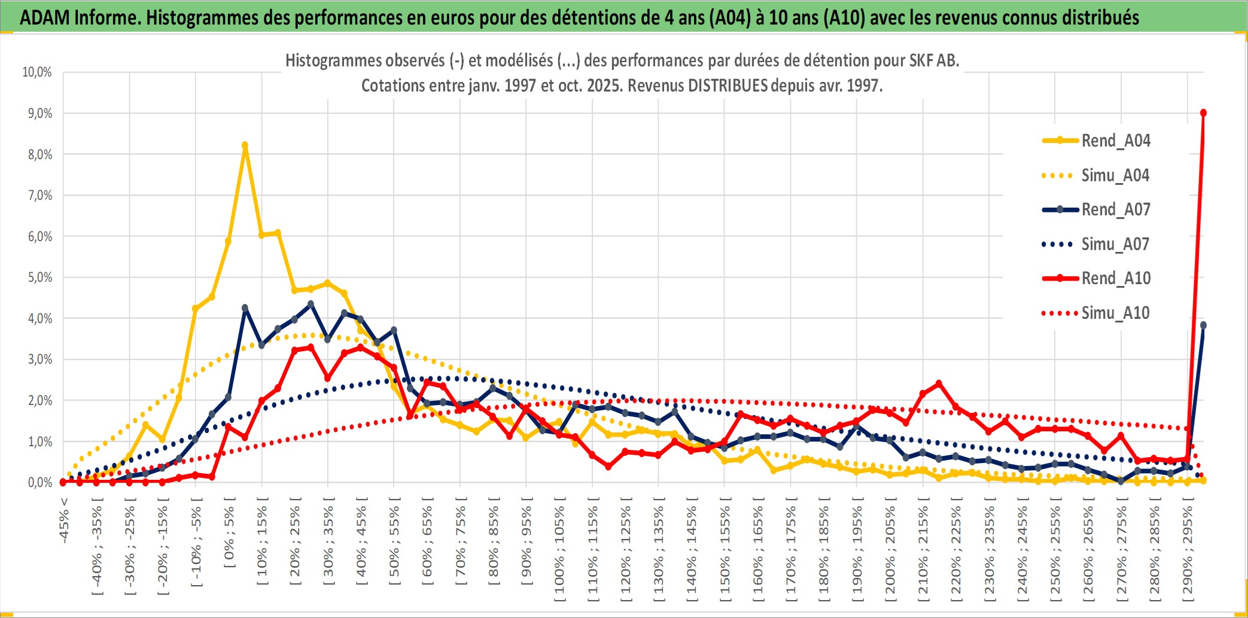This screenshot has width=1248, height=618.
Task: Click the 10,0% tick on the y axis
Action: [37, 72]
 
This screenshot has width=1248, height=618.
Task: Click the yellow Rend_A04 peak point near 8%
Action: [245, 145]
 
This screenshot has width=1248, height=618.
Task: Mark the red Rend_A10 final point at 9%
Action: [1203, 113]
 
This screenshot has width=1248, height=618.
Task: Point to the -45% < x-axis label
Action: [64, 520]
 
